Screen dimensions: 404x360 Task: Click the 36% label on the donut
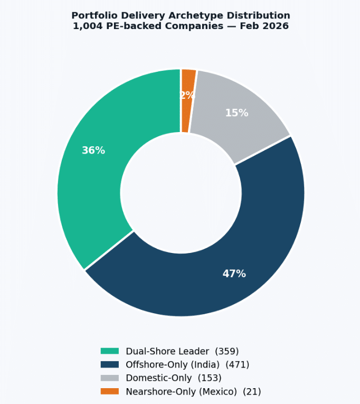pyautogui.click(x=93, y=151)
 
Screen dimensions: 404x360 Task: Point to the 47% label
pyautogui.click(x=234, y=274)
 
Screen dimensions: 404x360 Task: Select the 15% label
pyautogui.click(x=236, y=113)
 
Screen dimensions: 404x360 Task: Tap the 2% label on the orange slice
pyautogui.click(x=187, y=96)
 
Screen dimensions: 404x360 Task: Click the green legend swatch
pyautogui.click(x=110, y=351)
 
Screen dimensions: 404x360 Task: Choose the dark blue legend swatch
pyautogui.click(x=110, y=364)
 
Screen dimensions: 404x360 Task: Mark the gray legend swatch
pyautogui.click(x=110, y=378)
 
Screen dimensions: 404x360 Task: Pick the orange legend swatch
pyautogui.click(x=110, y=391)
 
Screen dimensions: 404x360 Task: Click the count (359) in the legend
pyautogui.click(x=227, y=351)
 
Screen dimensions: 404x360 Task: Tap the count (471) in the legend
pyautogui.click(x=237, y=364)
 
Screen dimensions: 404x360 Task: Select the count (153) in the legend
pyautogui.click(x=210, y=378)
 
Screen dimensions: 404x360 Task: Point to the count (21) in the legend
pyautogui.click(x=252, y=391)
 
